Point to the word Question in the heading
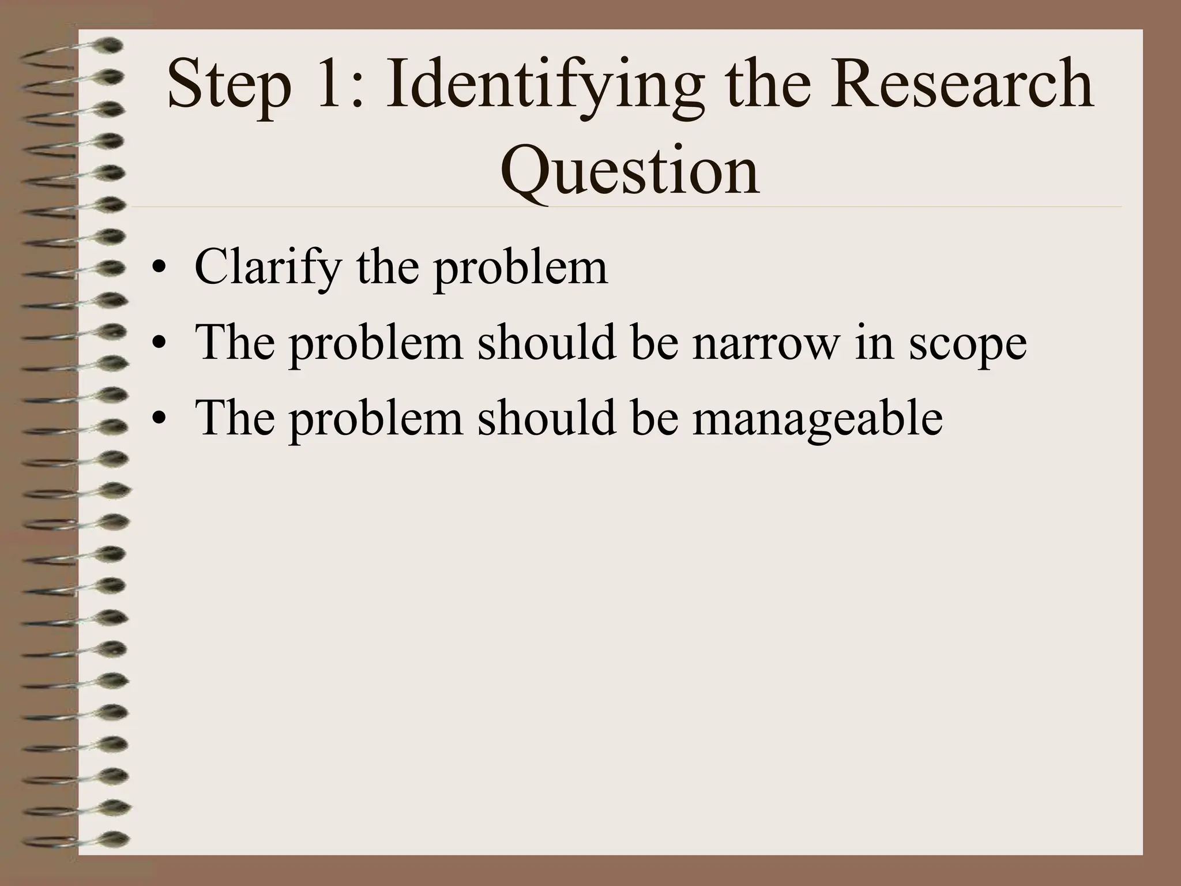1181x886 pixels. pyautogui.click(x=630, y=171)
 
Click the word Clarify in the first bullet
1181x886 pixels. pyautogui.click(x=268, y=269)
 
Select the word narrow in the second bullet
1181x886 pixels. pyautogui.click(x=765, y=343)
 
